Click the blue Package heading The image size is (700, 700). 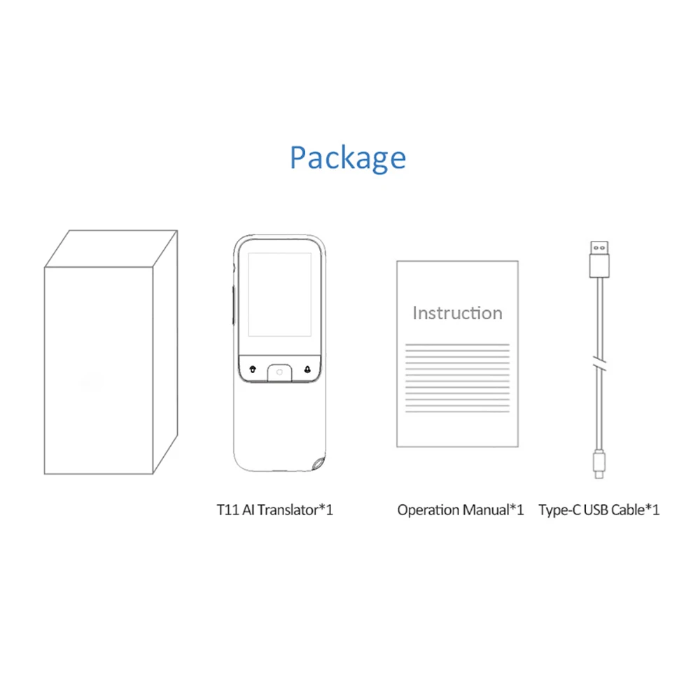[x=348, y=157]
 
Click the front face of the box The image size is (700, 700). [x=100, y=369]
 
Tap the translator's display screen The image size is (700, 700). [x=279, y=294]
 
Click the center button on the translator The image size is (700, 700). [x=279, y=371]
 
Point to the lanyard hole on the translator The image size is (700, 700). [x=319, y=464]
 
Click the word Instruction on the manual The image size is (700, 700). [x=457, y=313]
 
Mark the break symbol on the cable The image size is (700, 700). [x=598, y=364]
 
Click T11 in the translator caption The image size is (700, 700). [x=228, y=510]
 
